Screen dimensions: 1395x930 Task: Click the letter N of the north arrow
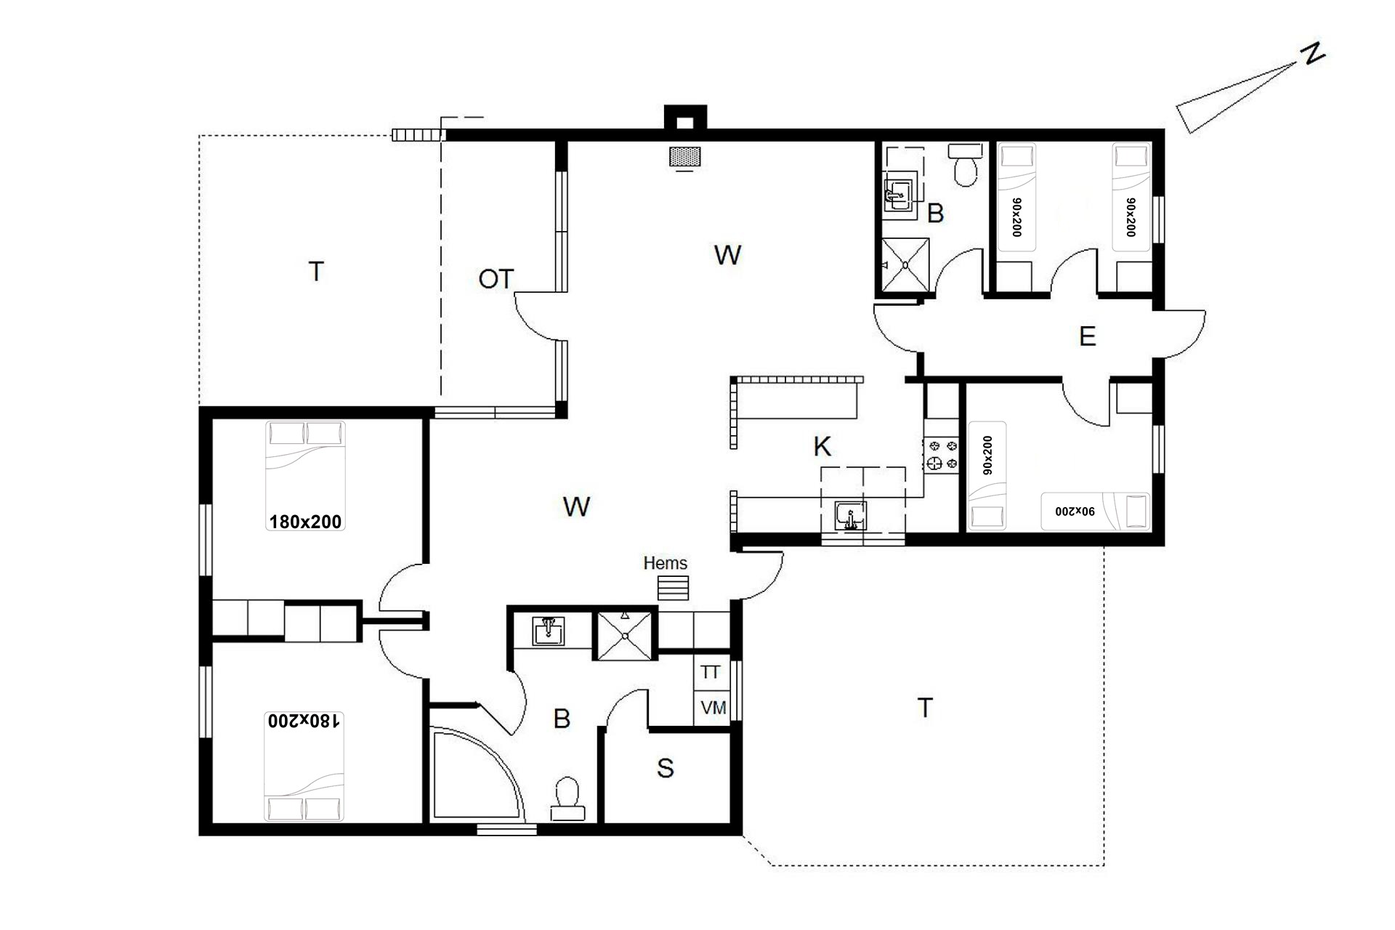pyautogui.click(x=1313, y=54)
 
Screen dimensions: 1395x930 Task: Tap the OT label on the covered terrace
pyautogui.click(x=496, y=279)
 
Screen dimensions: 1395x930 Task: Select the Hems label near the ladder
pyautogui.click(x=665, y=563)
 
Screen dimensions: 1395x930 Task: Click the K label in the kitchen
pyautogui.click(x=822, y=447)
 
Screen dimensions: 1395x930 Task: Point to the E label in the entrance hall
pyautogui.click(x=1087, y=336)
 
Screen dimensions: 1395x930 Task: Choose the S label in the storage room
pyautogui.click(x=665, y=768)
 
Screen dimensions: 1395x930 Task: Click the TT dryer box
pyautogui.click(x=711, y=672)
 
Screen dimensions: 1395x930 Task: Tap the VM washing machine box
pyautogui.click(x=713, y=707)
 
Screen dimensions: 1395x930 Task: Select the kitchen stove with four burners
pyautogui.click(x=942, y=455)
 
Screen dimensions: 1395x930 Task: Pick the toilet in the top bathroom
pyautogui.click(x=966, y=165)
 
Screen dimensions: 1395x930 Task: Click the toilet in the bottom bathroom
pyautogui.click(x=567, y=799)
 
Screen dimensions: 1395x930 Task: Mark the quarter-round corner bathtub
pyautogui.click(x=477, y=775)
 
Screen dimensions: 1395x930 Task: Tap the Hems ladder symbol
pyautogui.click(x=673, y=588)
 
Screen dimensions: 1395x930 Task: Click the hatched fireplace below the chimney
pyautogui.click(x=685, y=157)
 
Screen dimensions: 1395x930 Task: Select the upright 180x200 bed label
pyautogui.click(x=305, y=522)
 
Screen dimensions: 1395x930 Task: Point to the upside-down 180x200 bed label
pyautogui.click(x=304, y=721)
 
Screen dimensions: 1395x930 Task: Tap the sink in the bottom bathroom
pyautogui.click(x=549, y=631)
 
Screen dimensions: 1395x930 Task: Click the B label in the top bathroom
pyautogui.click(x=936, y=214)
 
